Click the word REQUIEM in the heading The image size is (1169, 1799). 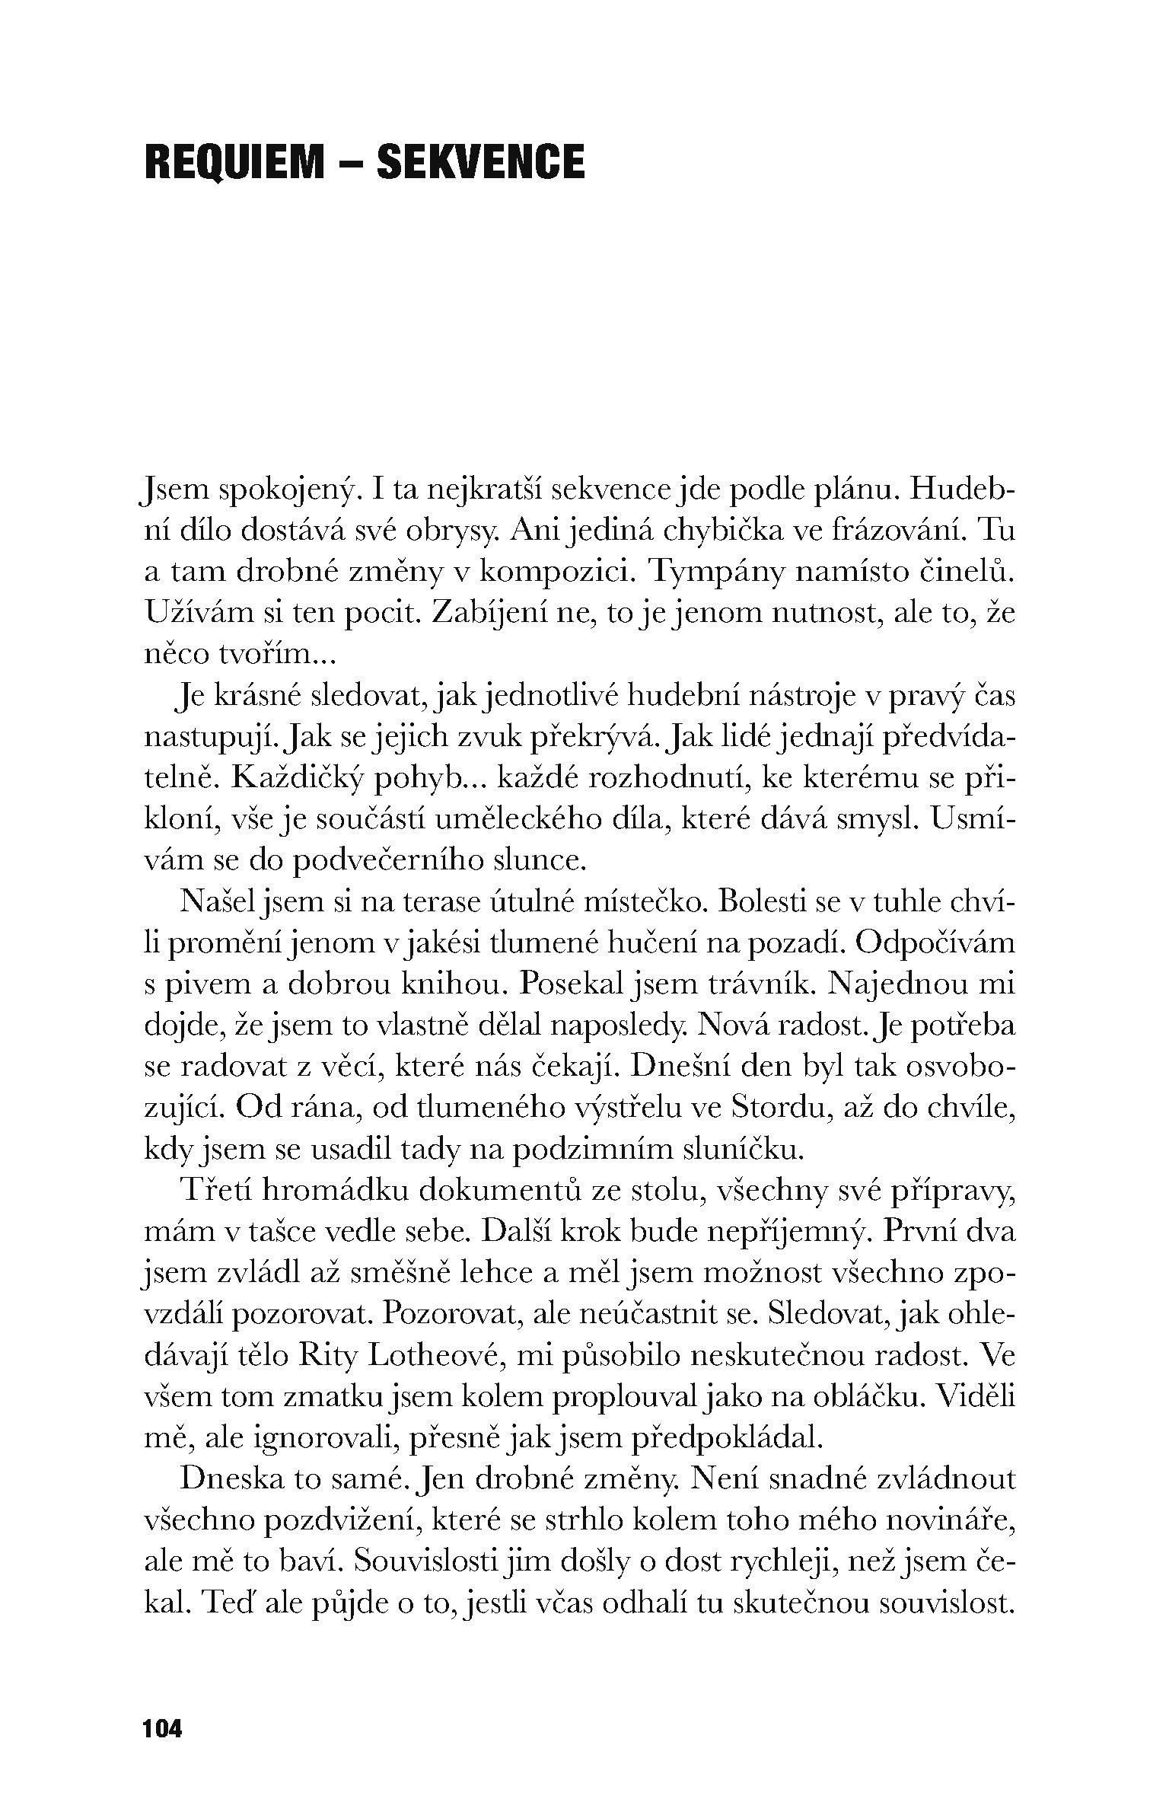click(x=234, y=161)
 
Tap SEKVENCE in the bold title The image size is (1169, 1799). click(x=480, y=161)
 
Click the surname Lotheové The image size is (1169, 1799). click(x=432, y=1354)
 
